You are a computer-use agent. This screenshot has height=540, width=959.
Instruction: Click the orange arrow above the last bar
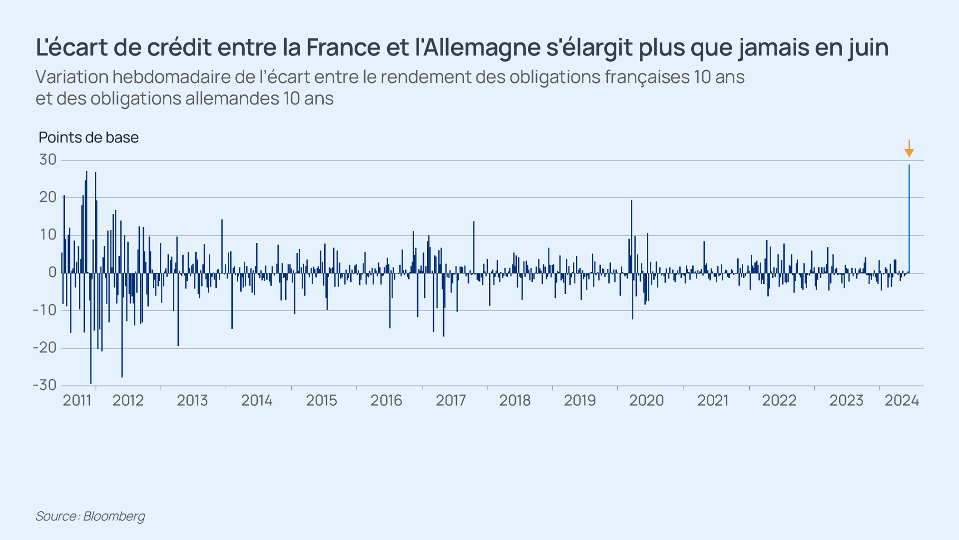click(x=909, y=149)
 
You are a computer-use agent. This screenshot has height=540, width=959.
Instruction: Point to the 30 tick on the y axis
click(x=48, y=160)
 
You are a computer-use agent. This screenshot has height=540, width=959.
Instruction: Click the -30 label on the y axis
click(x=45, y=385)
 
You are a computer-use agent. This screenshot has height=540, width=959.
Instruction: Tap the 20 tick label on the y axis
click(x=48, y=197)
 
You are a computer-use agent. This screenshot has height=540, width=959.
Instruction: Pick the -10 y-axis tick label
click(x=45, y=310)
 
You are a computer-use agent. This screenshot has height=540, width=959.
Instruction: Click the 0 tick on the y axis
click(x=52, y=272)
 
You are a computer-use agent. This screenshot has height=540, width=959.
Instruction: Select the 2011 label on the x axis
click(x=77, y=400)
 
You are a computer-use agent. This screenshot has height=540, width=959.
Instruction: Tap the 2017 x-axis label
click(x=451, y=400)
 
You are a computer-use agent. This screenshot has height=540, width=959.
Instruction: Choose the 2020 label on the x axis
click(x=646, y=400)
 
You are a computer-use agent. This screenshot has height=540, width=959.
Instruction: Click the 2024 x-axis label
click(x=902, y=400)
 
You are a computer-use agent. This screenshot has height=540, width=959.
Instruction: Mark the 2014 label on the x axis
click(x=257, y=400)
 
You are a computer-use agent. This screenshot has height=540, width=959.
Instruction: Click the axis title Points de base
click(x=88, y=137)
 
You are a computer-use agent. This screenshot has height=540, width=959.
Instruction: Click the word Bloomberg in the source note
click(x=114, y=516)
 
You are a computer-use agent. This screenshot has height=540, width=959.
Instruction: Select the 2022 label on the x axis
click(x=779, y=400)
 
